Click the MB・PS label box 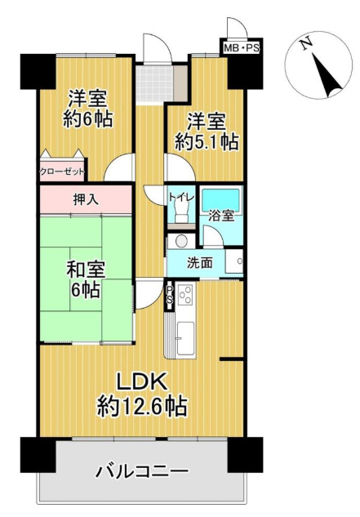(242, 48)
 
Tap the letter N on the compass (305, 43)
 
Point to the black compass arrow (327, 76)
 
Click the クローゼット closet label (62, 172)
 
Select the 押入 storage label (86, 199)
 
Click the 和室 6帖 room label (86, 279)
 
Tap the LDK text (142, 382)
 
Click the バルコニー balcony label (142, 470)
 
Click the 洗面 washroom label (200, 263)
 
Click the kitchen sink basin (187, 337)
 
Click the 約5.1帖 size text (207, 142)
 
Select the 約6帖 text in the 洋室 (88, 119)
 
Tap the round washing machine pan (181, 241)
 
